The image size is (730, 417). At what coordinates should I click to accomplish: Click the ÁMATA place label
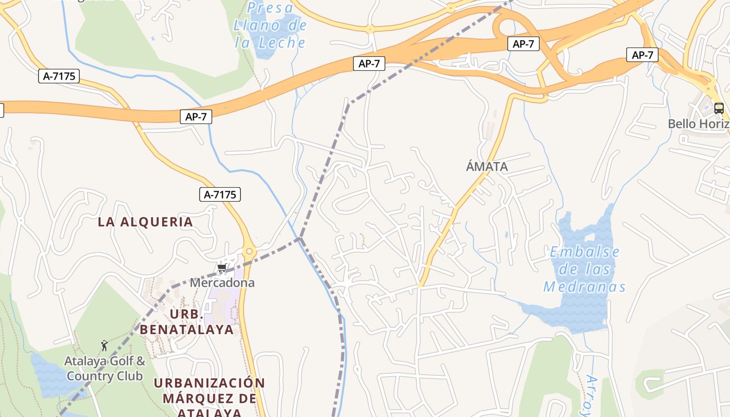tap(486, 167)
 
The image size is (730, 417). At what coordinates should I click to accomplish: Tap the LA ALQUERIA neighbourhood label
tap(145, 222)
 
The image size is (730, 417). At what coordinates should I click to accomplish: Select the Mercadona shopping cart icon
tap(222, 268)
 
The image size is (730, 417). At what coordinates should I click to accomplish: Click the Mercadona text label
tap(222, 283)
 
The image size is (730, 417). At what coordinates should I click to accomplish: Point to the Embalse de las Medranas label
tap(584, 269)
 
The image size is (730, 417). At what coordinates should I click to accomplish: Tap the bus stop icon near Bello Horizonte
tap(719, 108)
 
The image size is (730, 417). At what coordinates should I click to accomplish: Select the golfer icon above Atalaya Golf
tap(104, 345)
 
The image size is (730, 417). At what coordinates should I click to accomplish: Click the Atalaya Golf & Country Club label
tap(105, 368)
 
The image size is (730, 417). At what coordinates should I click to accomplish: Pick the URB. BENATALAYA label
tap(186, 322)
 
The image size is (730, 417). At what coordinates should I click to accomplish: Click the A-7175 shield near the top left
tap(59, 76)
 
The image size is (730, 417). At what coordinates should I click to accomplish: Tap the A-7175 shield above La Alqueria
tap(220, 195)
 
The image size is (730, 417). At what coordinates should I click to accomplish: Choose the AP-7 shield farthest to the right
tap(642, 55)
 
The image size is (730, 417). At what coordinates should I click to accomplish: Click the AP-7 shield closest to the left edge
tap(196, 117)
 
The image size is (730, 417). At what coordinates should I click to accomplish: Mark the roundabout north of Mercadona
tap(249, 252)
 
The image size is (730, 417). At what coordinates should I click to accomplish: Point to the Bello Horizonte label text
tap(699, 124)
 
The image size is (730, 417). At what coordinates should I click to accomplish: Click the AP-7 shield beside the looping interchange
tap(523, 44)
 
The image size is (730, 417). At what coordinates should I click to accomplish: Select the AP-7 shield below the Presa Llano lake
tap(369, 64)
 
